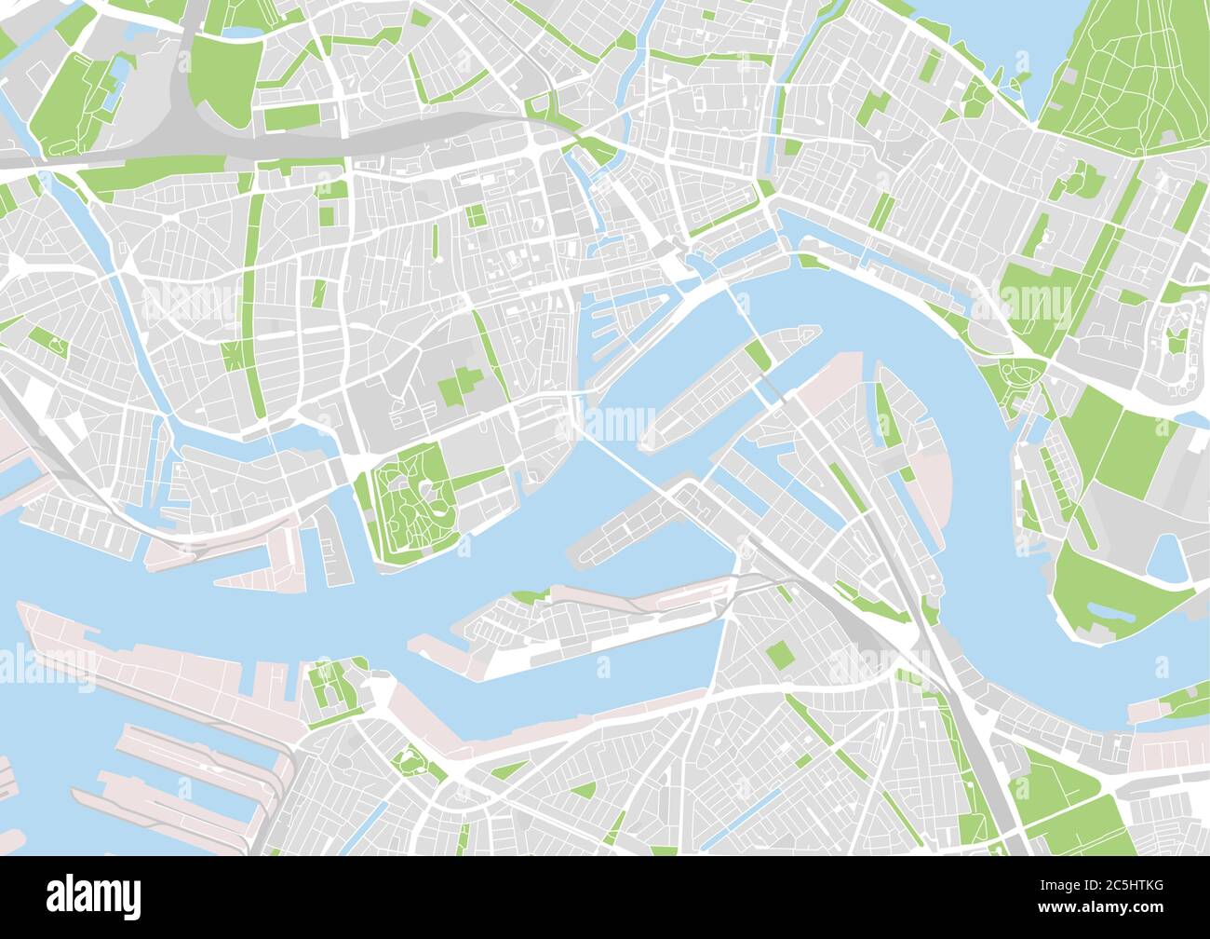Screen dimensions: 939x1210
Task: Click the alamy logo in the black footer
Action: (94, 896)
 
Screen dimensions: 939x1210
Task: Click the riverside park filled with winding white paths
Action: (410, 500)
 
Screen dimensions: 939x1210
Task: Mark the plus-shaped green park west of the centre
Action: (462, 385)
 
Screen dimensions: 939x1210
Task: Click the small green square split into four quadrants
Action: (476, 216)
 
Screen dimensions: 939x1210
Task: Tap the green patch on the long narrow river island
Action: (758, 354)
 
